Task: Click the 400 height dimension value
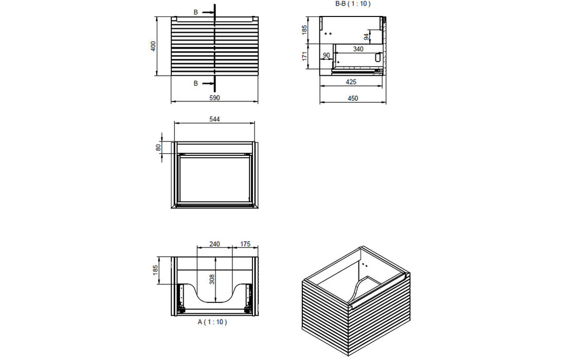click(153, 46)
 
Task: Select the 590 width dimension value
click(214, 98)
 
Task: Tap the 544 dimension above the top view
click(214, 119)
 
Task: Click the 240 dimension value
click(214, 244)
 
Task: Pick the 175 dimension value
click(245, 244)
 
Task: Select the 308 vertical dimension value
click(212, 279)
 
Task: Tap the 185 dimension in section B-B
click(304, 30)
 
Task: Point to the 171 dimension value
click(304, 56)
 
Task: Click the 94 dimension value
click(366, 37)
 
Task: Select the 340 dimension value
click(358, 49)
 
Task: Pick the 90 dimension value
click(326, 55)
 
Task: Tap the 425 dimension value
click(351, 82)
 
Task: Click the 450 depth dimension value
click(352, 98)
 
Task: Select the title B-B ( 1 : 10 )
click(352, 4)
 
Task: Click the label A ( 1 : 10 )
click(212, 322)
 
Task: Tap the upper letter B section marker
click(195, 11)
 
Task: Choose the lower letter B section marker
click(195, 83)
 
